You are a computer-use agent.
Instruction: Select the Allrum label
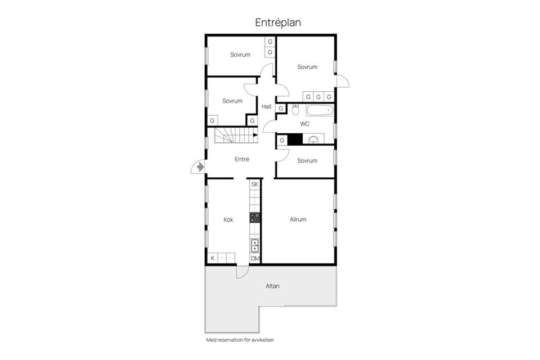(x=298, y=219)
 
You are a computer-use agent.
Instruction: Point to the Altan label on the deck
(x=272, y=286)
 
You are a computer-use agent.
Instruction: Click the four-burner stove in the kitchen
(x=255, y=218)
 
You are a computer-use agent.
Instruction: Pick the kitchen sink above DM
(x=255, y=245)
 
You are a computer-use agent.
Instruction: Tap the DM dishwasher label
(x=255, y=258)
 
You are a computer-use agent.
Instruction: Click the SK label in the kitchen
(x=255, y=184)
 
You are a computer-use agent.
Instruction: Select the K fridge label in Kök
(x=213, y=258)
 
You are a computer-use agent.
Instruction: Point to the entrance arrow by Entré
(x=200, y=166)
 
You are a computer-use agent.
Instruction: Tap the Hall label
(x=267, y=106)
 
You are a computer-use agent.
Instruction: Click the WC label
(x=305, y=124)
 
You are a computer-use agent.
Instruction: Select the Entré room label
(x=242, y=159)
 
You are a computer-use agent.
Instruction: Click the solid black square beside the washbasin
(x=295, y=140)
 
